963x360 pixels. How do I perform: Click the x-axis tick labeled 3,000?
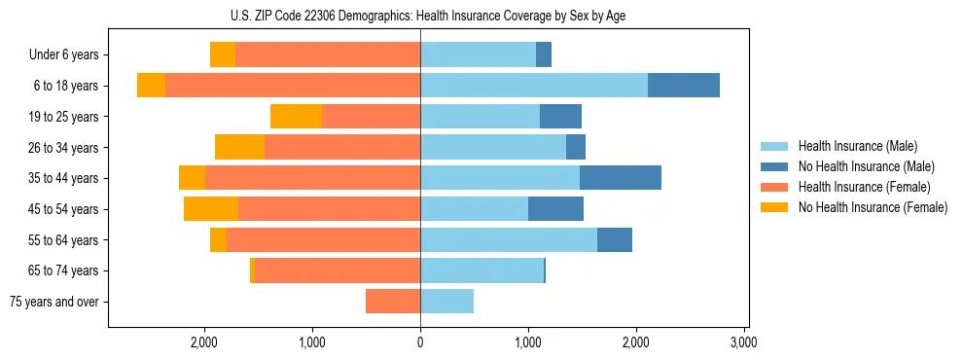tap(743, 342)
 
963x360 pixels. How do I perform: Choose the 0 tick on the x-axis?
tap(420, 342)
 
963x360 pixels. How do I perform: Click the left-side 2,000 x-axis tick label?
tap(204, 342)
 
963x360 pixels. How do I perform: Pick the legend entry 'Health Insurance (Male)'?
tap(857, 146)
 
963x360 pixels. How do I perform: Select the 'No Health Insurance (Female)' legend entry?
tap(873, 207)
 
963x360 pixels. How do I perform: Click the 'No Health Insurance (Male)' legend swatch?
tap(775, 166)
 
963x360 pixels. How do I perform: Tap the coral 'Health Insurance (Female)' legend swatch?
tap(775, 187)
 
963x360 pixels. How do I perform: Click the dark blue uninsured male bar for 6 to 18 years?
tap(684, 86)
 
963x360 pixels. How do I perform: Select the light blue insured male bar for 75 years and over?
tap(447, 302)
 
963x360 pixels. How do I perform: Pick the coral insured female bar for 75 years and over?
tap(393, 302)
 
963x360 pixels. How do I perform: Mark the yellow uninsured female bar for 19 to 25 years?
tap(296, 117)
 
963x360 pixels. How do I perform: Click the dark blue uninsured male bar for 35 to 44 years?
tap(621, 178)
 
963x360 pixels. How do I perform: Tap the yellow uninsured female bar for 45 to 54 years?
tap(211, 209)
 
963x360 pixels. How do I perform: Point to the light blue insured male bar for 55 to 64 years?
tap(509, 239)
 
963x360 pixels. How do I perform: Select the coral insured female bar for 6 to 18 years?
tap(292, 86)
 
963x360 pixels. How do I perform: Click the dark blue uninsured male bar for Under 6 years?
tap(544, 55)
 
